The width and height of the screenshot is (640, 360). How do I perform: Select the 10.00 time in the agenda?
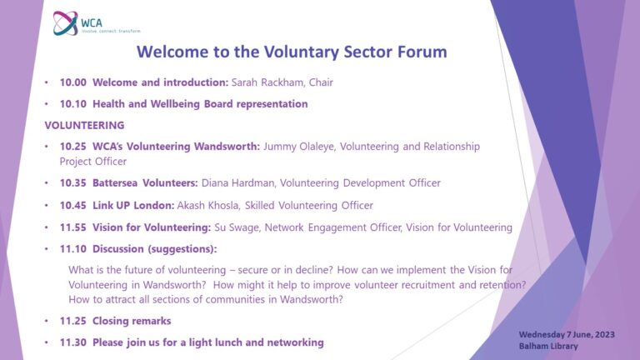click(x=72, y=83)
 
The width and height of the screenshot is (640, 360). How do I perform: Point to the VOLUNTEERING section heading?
click(x=84, y=125)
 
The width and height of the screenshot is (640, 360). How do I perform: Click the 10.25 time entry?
click(x=72, y=147)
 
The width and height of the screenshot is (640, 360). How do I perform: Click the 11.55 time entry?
click(x=72, y=227)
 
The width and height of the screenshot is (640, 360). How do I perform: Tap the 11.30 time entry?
click(x=72, y=342)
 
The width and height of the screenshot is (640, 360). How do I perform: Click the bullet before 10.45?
click(x=47, y=205)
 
